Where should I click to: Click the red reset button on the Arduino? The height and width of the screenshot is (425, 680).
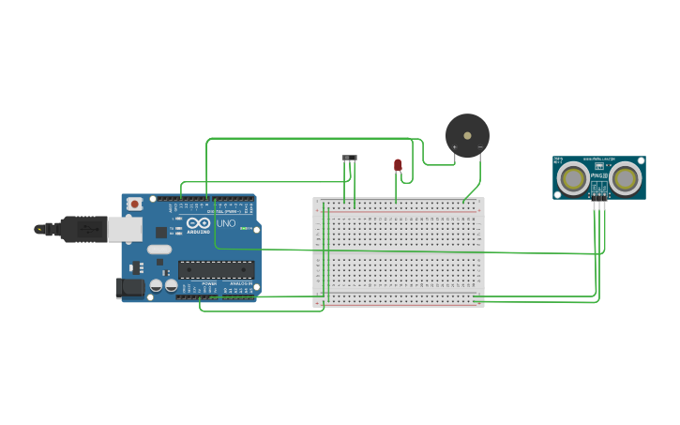(x=134, y=204)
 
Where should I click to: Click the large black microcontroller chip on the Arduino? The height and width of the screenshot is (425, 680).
(x=215, y=269)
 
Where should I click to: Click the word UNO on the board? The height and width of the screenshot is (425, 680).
(x=226, y=224)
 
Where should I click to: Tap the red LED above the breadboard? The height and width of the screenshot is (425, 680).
(x=398, y=165)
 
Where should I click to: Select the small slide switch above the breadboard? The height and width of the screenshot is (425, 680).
(x=350, y=158)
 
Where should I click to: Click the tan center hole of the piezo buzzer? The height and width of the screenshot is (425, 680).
(x=467, y=136)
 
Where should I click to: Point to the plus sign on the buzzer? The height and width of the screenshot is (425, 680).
(x=455, y=146)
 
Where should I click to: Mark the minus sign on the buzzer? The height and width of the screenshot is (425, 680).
(x=480, y=146)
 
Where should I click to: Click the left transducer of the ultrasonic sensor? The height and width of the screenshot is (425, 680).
(x=573, y=177)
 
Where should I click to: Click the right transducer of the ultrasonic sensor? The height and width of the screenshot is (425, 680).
(x=626, y=177)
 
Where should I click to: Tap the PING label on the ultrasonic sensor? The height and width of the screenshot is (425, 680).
(x=598, y=175)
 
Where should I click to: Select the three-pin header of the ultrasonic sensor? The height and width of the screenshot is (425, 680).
(x=598, y=194)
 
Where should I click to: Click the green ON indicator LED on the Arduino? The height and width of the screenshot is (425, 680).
(x=243, y=228)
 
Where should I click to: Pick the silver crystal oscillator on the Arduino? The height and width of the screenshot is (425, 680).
(x=159, y=250)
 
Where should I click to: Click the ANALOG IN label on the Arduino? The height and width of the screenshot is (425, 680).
(x=241, y=282)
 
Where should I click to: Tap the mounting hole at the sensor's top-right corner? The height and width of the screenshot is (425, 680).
(x=641, y=160)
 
